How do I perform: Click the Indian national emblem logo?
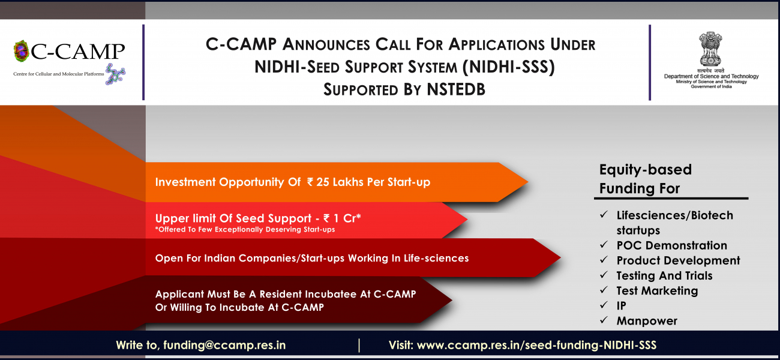[710, 49]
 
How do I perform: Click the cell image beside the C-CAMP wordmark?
[21, 51]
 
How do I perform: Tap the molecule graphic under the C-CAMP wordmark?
[115, 74]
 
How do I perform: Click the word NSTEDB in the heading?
[456, 89]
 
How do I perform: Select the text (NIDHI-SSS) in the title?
[508, 67]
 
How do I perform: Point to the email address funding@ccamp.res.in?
[224, 345]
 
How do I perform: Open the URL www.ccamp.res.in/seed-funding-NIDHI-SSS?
[536, 345]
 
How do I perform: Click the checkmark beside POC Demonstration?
[604, 244]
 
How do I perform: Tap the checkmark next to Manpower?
[604, 320]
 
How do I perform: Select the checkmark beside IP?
[604, 305]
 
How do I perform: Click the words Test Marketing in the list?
[657, 291]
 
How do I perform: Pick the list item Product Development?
[678, 260]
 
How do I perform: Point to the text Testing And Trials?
[664, 276]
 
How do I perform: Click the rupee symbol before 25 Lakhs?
[310, 182]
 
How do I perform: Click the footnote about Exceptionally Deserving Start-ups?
[245, 229]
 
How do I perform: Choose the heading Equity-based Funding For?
[645, 179]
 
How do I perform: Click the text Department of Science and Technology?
[711, 76]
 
